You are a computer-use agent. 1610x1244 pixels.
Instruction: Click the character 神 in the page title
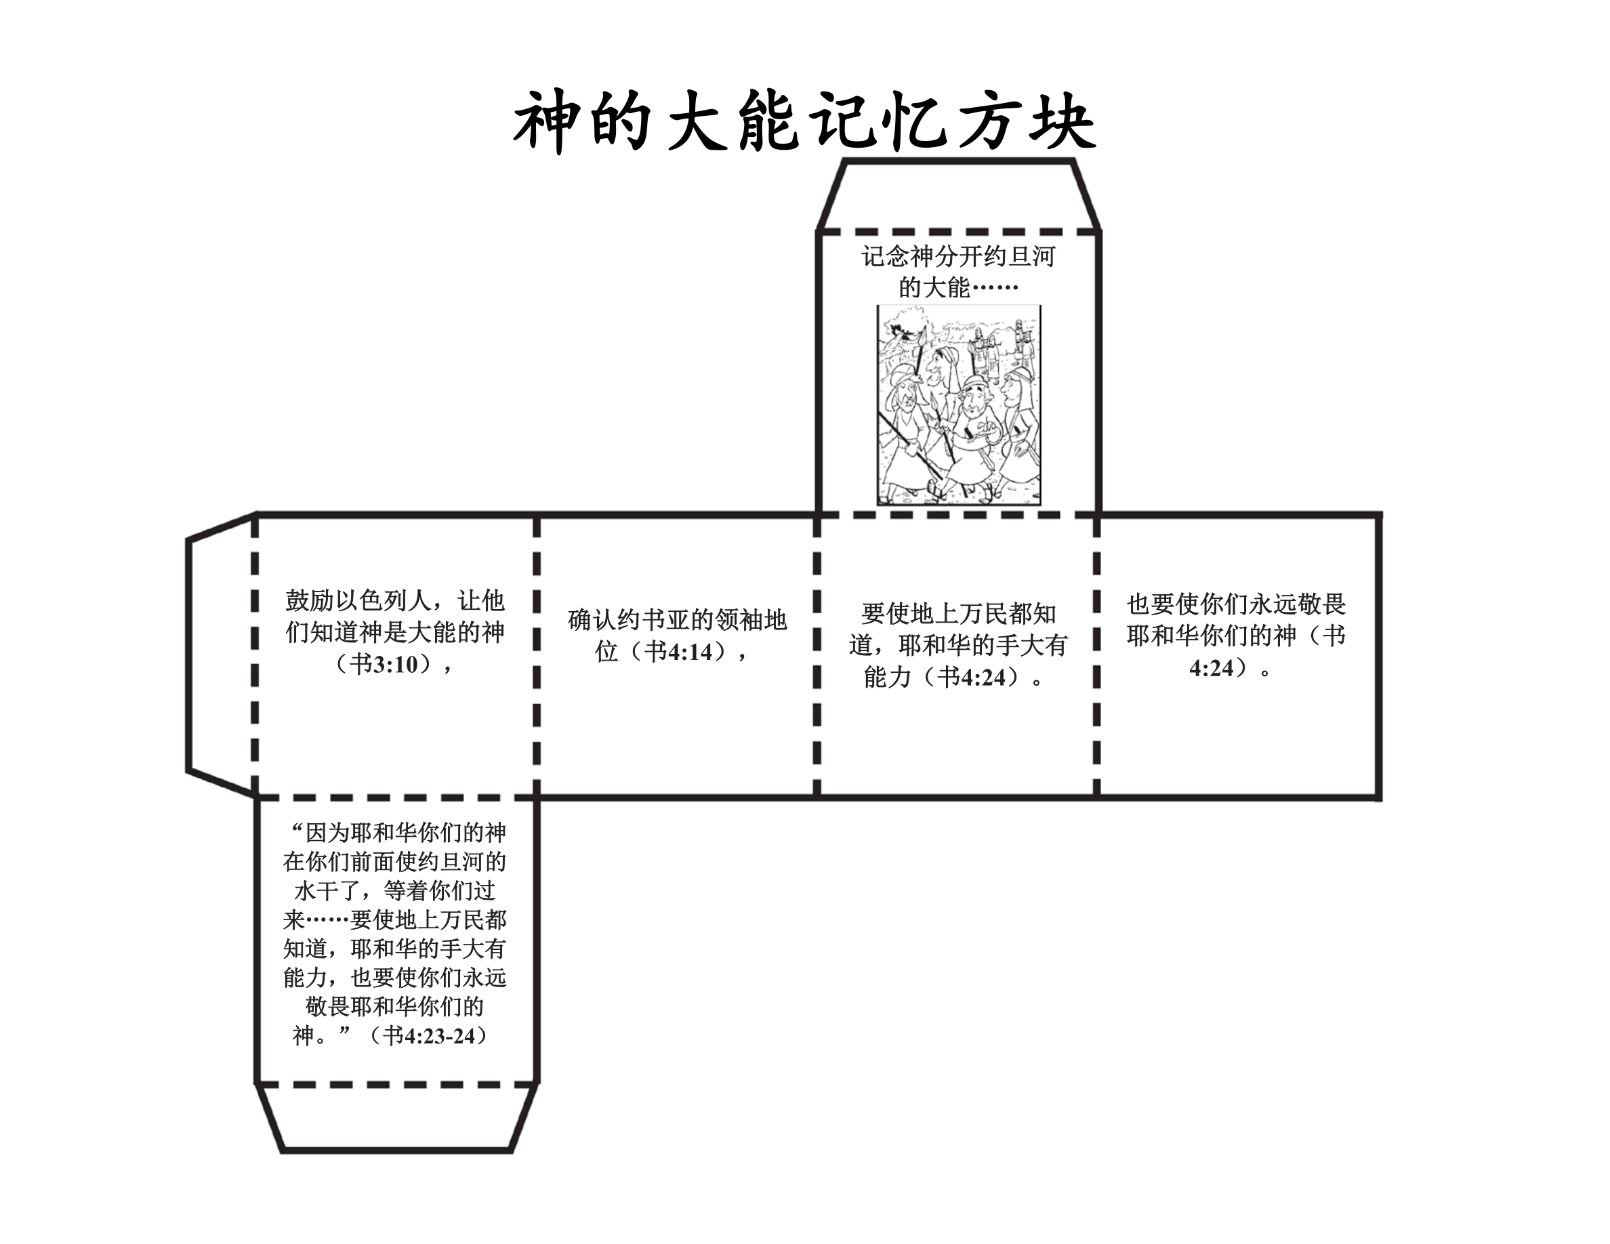click(x=545, y=121)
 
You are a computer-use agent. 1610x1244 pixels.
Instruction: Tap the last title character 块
click(x=1062, y=121)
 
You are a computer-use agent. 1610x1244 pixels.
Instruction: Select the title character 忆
click(x=915, y=121)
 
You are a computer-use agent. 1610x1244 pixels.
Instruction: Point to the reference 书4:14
click(x=680, y=652)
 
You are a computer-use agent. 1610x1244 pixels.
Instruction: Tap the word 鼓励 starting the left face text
click(x=310, y=600)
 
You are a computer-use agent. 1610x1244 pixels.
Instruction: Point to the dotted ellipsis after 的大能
click(x=995, y=287)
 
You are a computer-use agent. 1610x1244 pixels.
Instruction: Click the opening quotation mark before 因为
click(x=297, y=831)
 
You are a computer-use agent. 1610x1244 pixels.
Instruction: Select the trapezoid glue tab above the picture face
click(x=958, y=195)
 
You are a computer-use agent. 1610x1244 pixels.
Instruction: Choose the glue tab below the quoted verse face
click(x=396, y=1117)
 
